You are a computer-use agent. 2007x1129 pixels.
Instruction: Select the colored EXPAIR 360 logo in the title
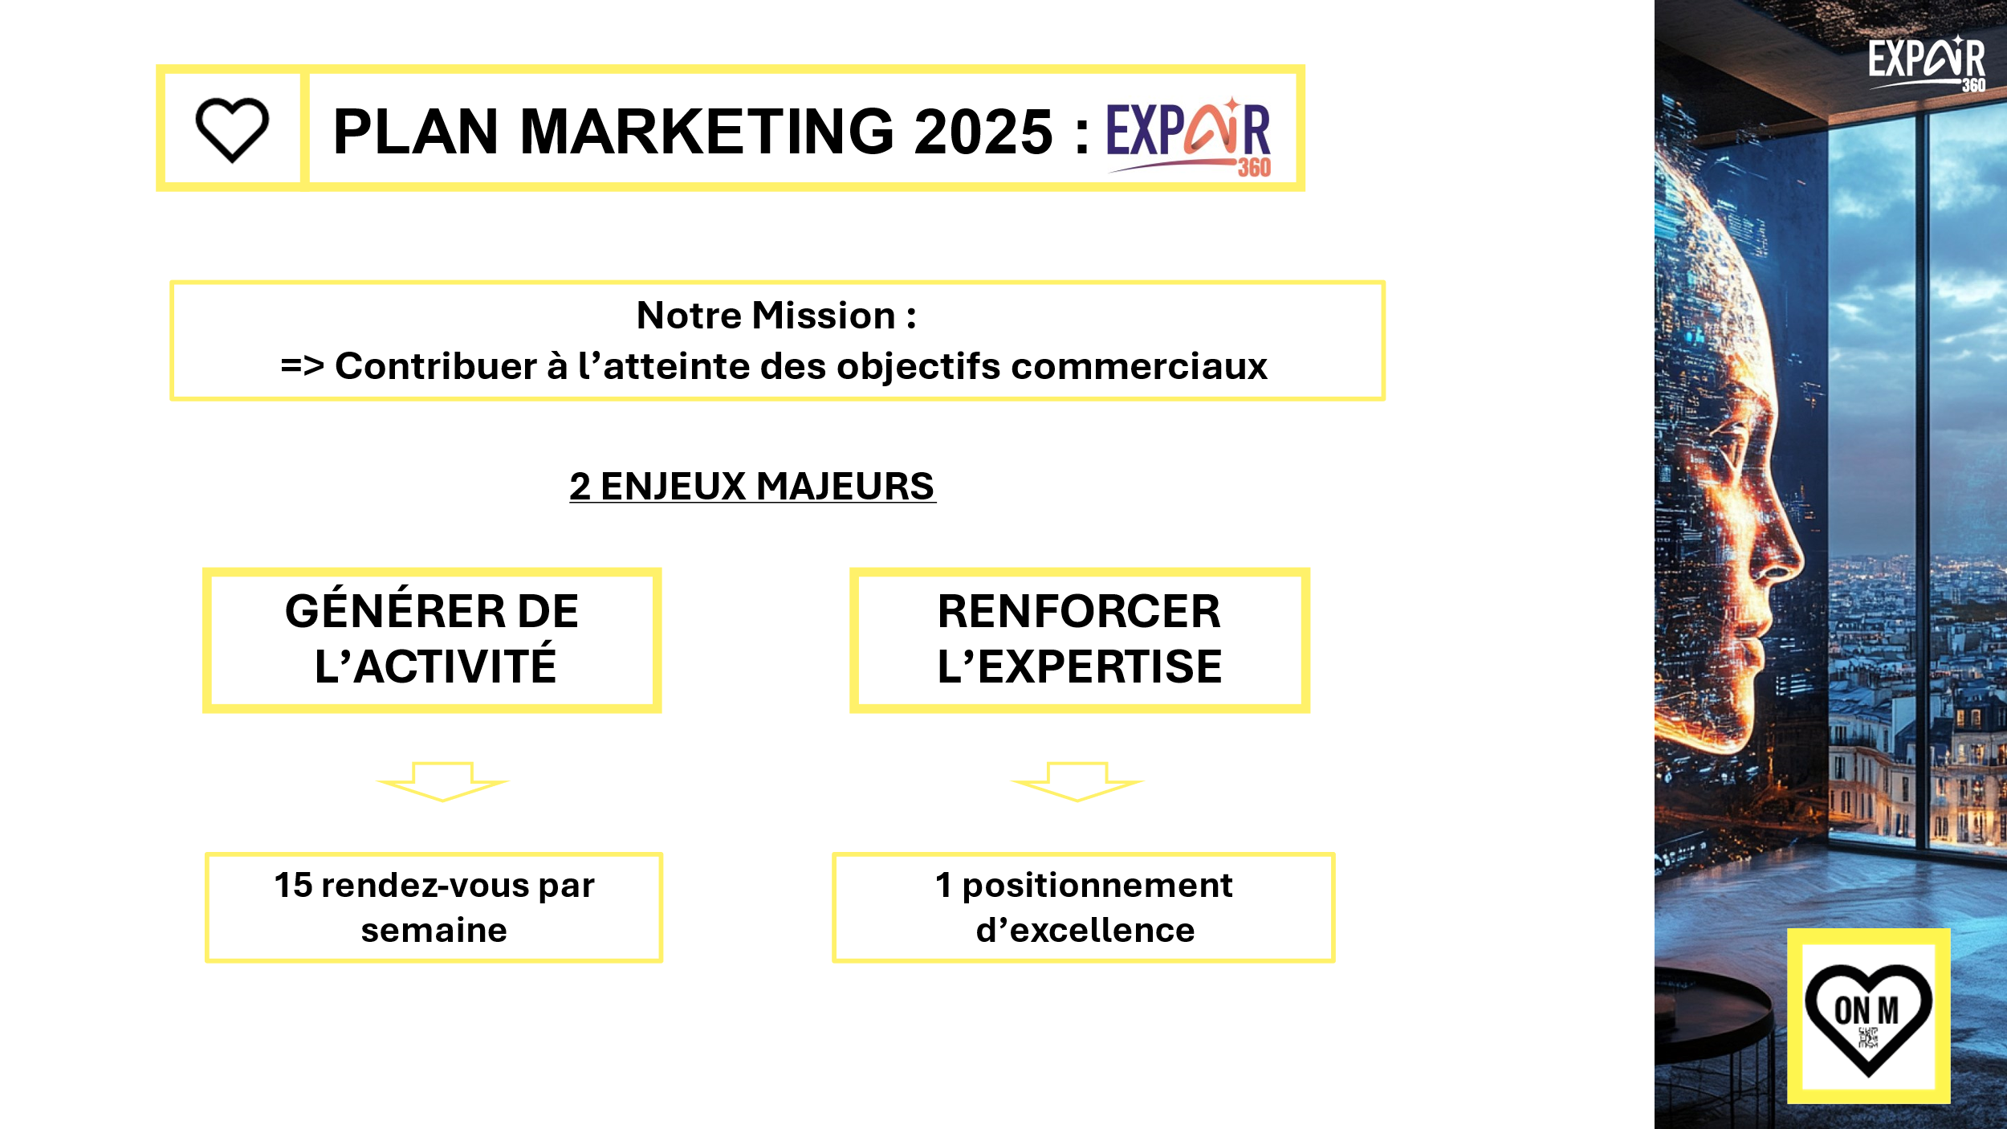pos(1189,137)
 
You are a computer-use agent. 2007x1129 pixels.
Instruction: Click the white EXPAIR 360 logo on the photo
pos(1927,63)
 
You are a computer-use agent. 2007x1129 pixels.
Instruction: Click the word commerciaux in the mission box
pos(1139,367)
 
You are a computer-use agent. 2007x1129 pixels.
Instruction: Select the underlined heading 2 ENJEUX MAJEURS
pos(752,487)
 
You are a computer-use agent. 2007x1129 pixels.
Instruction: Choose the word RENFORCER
pos(1079,612)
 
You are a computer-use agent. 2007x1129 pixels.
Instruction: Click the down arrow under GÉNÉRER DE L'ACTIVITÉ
pos(442,782)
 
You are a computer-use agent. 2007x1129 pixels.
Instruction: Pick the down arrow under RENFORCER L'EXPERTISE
pos(1077,782)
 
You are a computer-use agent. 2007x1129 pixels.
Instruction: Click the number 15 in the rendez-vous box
pos(293,886)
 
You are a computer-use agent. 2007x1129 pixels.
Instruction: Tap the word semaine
pos(434,931)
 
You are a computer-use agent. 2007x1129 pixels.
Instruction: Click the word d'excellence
pos(1085,931)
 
